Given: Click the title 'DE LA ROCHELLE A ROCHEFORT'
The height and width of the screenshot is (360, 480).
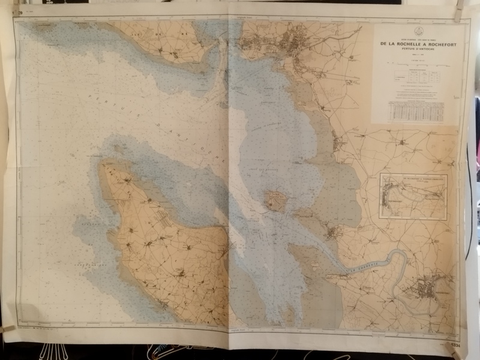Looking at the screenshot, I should coord(418,43).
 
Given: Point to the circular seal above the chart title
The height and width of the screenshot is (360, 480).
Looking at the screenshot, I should coord(418,32).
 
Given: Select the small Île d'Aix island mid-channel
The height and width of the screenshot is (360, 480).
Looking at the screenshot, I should coord(276,201).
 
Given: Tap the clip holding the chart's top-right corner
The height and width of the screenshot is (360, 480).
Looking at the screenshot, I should coord(459,13).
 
